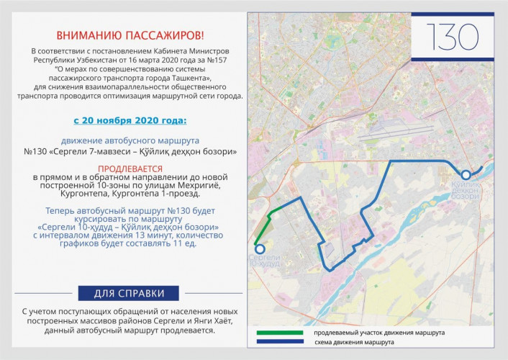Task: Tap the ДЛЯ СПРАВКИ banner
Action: (129, 293)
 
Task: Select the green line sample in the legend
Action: (280, 333)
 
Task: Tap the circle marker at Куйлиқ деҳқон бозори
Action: (466, 174)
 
